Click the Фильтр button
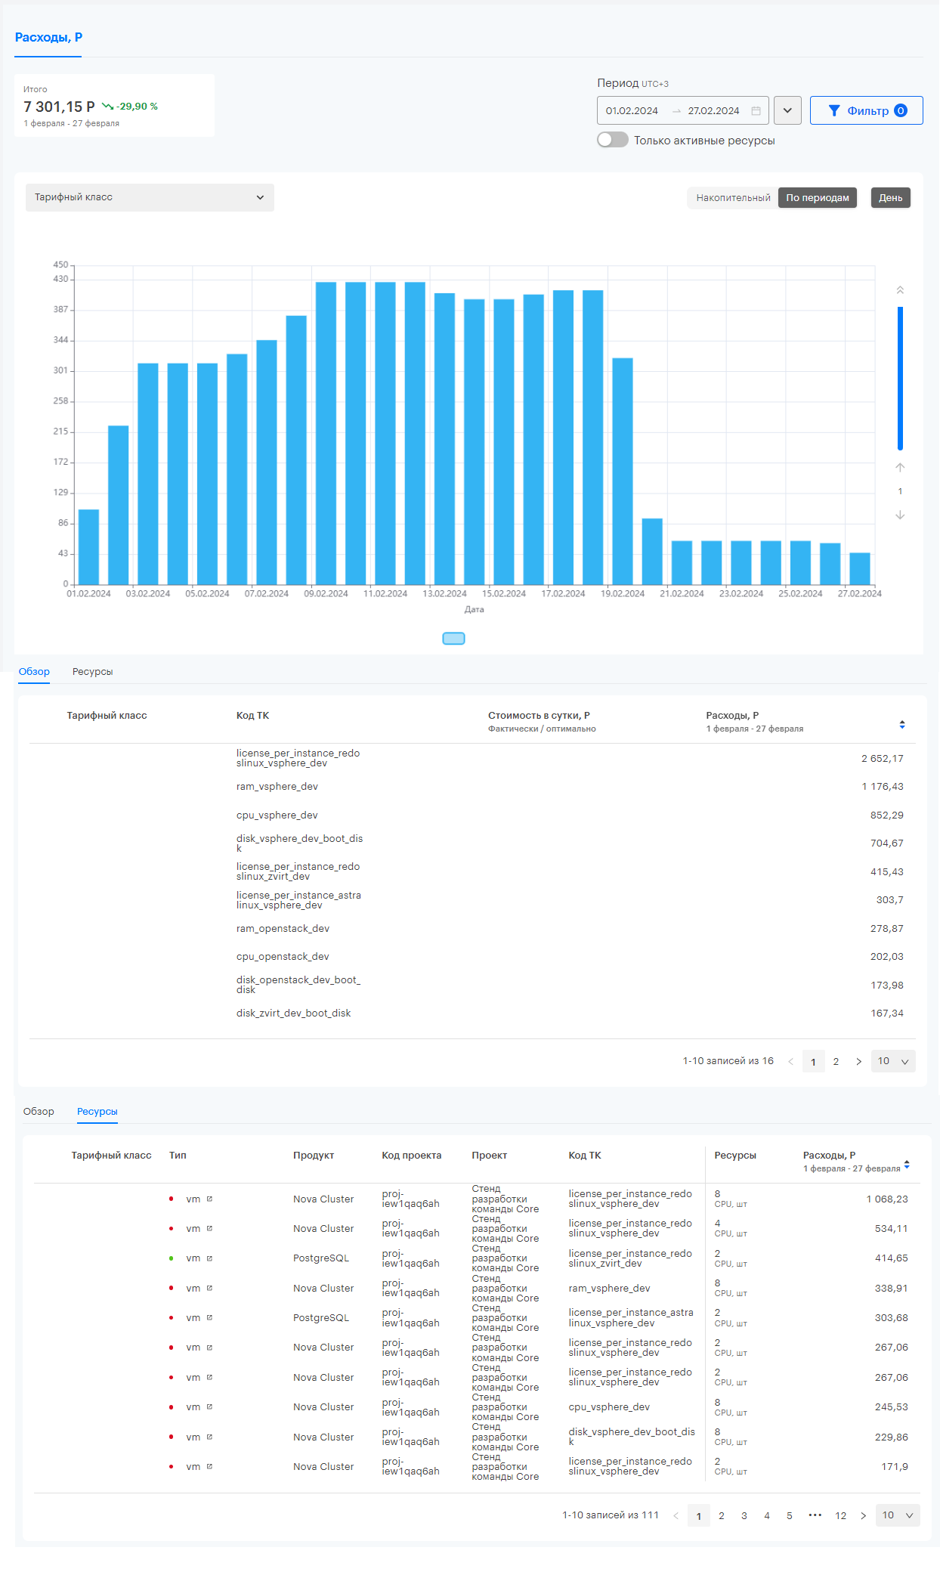pos(866,110)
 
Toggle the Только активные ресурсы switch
pos(612,140)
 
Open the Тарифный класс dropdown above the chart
pos(150,197)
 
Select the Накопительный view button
pos(733,198)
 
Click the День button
pos(890,198)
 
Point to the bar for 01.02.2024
pos(88,546)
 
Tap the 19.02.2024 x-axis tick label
pos(623,594)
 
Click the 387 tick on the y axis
pos(60,310)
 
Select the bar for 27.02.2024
pos(859,568)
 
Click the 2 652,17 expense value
pos(882,759)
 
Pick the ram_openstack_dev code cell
pos(283,929)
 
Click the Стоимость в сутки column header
pos(539,716)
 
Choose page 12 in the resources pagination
pos(840,1515)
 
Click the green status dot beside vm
pos(172,1258)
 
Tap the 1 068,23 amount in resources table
pos(887,1199)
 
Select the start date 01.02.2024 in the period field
pos(632,111)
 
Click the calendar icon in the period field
pos(756,111)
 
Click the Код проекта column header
pos(412,1156)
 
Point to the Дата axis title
pos(475,609)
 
